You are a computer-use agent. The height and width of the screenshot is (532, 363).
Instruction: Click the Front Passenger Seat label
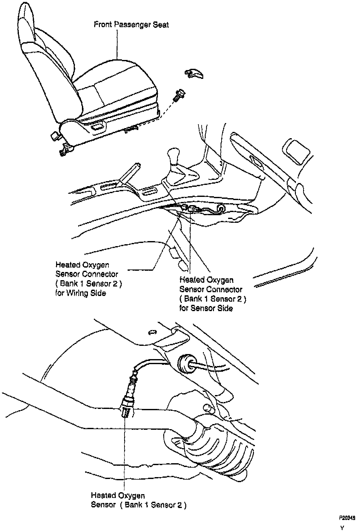[131, 25]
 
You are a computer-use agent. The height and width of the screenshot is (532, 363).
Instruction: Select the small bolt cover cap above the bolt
[193, 74]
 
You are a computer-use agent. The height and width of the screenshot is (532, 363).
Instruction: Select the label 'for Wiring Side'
[81, 293]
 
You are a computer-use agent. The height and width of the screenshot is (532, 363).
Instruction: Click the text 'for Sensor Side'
[206, 308]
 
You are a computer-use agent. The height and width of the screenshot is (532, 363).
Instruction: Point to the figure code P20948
[347, 518]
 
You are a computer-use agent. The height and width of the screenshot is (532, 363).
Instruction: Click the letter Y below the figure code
[342, 527]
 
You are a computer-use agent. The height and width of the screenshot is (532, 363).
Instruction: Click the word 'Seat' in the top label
[161, 25]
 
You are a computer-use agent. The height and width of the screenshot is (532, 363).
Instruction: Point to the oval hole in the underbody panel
[152, 332]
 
